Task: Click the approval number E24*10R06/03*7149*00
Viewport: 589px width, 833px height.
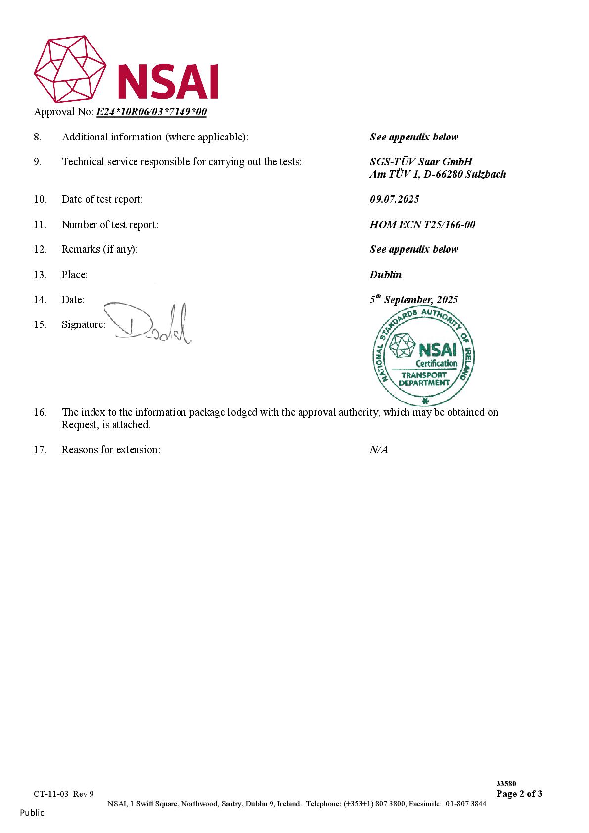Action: coord(151,112)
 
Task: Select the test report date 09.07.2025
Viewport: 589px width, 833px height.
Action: coord(394,199)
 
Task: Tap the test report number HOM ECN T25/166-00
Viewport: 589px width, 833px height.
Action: coord(422,225)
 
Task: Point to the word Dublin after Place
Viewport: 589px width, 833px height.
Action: coord(385,275)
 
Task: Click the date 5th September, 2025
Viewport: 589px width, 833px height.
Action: coord(414,300)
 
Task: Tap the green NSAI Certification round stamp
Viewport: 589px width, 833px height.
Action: coord(423,356)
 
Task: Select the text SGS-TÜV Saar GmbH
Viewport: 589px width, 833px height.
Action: coord(421,162)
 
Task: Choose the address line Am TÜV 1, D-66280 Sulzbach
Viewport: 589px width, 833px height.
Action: coord(438,174)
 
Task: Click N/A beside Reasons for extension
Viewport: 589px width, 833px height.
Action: coord(378,450)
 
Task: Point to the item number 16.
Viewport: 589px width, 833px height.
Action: coord(40,412)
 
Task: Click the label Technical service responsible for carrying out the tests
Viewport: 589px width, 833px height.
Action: coord(181,162)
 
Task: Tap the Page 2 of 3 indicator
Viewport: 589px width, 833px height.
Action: coord(519,794)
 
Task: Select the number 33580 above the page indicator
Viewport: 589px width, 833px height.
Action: coord(506,784)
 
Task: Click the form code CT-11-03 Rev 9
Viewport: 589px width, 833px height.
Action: coord(64,794)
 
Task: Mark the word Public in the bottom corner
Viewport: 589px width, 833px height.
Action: coord(32,813)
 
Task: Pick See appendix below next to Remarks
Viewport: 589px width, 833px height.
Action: coord(414,249)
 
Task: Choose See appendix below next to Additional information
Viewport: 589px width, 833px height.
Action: coord(414,137)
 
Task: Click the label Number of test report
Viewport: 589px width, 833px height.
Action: coord(110,225)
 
